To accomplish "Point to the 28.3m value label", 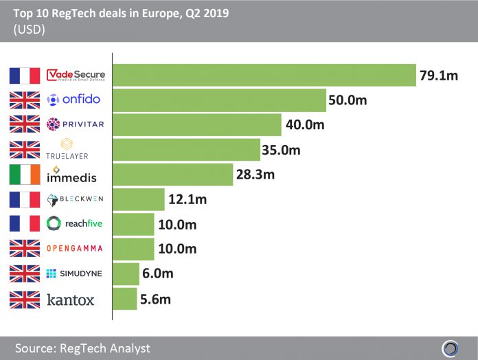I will tap(255, 175).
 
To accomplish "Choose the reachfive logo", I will tap(74, 224).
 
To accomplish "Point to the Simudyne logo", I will tap(74, 273).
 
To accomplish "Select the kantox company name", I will tap(70, 300).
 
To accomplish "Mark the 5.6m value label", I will tap(157, 299).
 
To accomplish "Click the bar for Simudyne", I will tap(126, 273).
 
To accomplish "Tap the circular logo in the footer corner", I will tap(450, 348).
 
